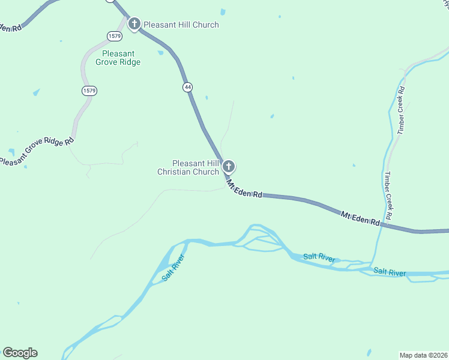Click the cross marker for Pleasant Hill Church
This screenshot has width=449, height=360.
(134, 25)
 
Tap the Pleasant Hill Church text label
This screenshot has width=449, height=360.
(181, 25)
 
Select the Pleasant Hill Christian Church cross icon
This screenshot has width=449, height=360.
(228, 167)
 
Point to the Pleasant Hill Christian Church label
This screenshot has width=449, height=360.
(188, 167)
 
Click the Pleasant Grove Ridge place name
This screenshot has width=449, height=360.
(118, 58)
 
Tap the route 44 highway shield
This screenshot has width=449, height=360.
(188, 87)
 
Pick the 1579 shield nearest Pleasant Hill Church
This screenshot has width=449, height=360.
(114, 36)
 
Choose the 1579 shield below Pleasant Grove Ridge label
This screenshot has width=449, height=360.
(89, 91)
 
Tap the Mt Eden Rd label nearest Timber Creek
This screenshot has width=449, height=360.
(360, 218)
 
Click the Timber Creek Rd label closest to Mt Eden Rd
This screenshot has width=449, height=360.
(388, 196)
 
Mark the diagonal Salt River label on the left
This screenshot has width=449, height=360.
(172, 268)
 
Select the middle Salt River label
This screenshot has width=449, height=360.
(319, 257)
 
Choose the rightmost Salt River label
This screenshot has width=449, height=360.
(389, 272)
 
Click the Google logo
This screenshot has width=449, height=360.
(20, 353)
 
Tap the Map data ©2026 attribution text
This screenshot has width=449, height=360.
(423, 355)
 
